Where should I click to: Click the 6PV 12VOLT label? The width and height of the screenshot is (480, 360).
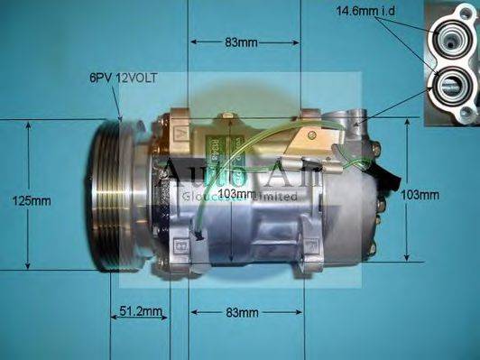tap(123, 78)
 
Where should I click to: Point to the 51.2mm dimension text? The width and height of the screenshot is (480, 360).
tap(140, 312)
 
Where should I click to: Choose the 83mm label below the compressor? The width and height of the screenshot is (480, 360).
tap(240, 312)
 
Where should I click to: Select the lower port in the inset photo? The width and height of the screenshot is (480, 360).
tap(448, 88)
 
